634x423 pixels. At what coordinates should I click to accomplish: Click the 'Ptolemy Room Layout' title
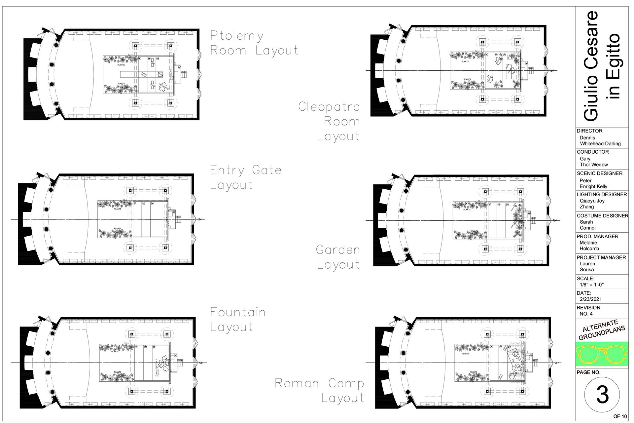pyautogui.click(x=254, y=43)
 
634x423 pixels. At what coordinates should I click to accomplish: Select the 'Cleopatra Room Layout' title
pyautogui.click(x=329, y=121)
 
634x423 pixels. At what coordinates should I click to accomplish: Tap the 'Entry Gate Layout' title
pyautogui.click(x=246, y=177)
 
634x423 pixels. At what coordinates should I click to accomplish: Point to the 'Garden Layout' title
pyautogui.click(x=338, y=257)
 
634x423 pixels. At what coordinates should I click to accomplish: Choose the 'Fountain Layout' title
pyautogui.click(x=238, y=319)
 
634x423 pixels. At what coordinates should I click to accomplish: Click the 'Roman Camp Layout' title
pyautogui.click(x=320, y=390)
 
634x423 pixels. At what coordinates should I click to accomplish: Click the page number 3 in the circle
pyautogui.click(x=602, y=394)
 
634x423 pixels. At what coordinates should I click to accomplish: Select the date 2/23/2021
pyautogui.click(x=591, y=299)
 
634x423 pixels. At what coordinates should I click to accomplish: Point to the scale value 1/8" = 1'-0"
pyautogui.click(x=592, y=285)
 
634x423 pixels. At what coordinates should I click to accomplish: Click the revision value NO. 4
pyautogui.click(x=586, y=314)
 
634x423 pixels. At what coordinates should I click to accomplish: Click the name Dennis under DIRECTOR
pyautogui.click(x=587, y=137)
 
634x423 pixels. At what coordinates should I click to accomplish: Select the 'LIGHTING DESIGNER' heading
pyautogui.click(x=602, y=194)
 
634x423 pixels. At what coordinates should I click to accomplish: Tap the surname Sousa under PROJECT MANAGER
pyautogui.click(x=587, y=270)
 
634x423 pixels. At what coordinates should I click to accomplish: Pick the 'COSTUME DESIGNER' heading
pyautogui.click(x=602, y=215)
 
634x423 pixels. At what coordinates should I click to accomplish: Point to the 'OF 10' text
pyautogui.click(x=620, y=416)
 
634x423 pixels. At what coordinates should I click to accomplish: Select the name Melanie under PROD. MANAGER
pyautogui.click(x=588, y=243)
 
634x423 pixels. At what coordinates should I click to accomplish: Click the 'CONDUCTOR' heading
pyautogui.click(x=593, y=152)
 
